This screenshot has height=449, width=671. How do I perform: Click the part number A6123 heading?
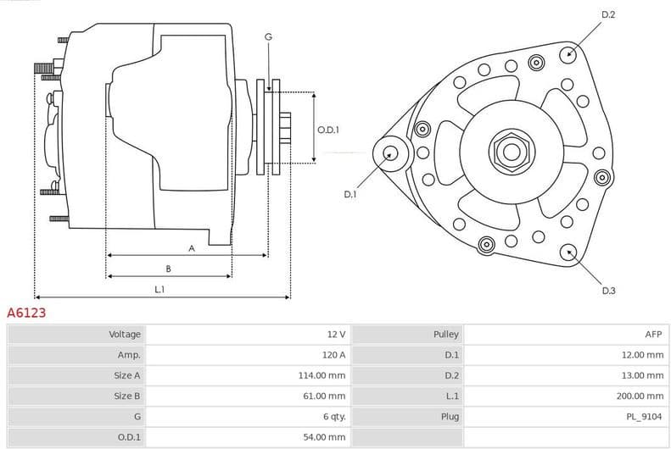coord(26,313)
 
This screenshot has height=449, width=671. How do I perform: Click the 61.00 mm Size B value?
coord(325,396)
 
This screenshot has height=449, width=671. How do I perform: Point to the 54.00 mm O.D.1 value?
coord(325,436)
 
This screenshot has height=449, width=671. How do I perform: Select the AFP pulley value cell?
coord(654,335)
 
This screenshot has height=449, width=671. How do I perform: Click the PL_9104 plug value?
coord(646,416)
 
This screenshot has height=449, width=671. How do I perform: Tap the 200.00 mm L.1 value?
coord(640,396)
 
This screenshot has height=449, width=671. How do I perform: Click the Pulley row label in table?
coord(446,335)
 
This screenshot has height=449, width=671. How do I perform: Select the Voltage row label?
coord(125,335)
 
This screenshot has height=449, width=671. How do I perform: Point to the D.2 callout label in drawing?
coord(607,14)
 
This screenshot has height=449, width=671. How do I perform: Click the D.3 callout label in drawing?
coord(608,291)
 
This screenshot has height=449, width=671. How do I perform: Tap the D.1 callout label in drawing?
coord(350,194)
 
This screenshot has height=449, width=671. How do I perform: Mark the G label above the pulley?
coord(268,36)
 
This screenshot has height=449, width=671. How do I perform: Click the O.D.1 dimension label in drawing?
coord(328,130)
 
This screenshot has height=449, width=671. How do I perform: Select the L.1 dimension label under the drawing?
coord(159,290)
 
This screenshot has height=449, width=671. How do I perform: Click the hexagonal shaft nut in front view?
coord(512,152)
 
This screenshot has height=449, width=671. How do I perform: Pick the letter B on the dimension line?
coord(168,269)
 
